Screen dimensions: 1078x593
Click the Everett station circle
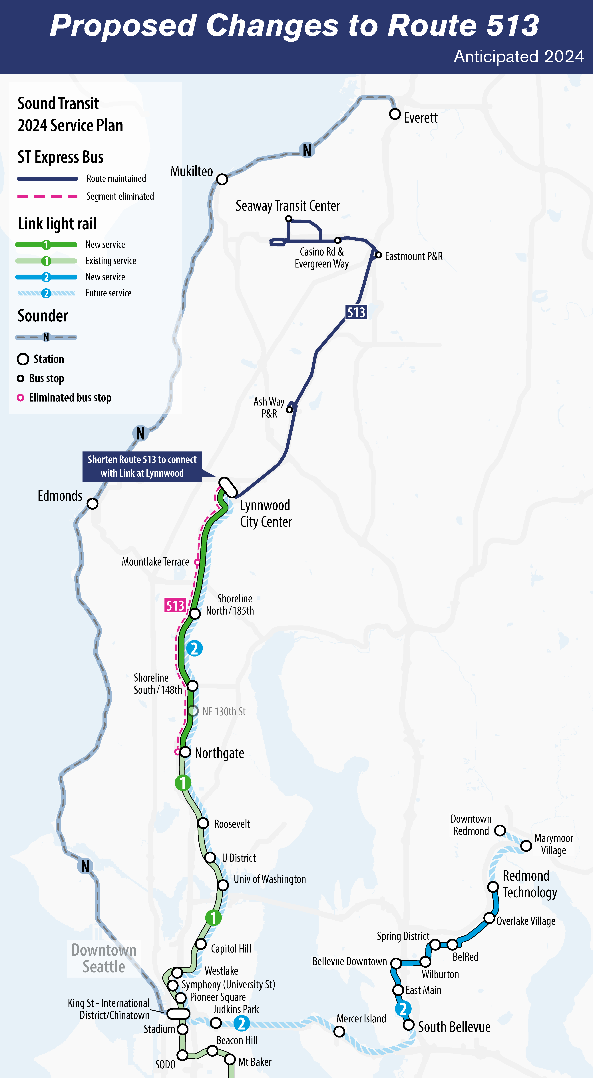(395, 114)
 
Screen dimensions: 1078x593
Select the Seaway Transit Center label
(288, 206)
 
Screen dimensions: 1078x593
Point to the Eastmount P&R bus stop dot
(378, 255)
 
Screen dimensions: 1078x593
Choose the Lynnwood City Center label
(266, 513)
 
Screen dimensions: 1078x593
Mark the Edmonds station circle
(93, 503)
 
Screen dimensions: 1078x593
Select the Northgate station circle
(186, 752)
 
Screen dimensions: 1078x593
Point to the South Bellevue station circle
(408, 1025)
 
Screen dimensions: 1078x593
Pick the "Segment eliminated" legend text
(120, 196)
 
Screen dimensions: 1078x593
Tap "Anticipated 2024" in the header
(518, 56)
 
